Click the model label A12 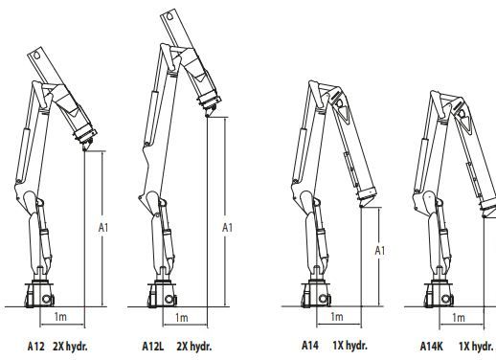(x=35, y=345)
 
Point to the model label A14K (x=432, y=345)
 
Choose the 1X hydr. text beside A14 (x=351, y=345)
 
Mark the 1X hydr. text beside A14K (x=477, y=345)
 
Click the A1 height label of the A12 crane (x=105, y=228)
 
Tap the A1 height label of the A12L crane (x=227, y=228)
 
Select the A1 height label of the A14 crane (x=380, y=251)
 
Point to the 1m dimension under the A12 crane (x=61, y=317)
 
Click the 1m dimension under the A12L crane (x=183, y=317)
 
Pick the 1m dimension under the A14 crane (x=336, y=317)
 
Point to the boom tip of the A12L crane (x=209, y=116)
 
